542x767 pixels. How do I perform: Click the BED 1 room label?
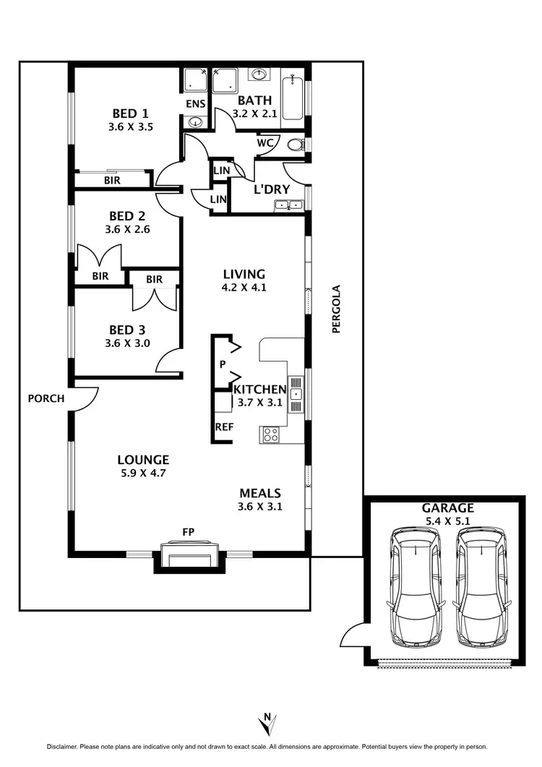[x=130, y=113]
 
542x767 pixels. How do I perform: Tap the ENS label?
[x=196, y=104]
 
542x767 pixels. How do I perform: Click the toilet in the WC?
[x=295, y=145]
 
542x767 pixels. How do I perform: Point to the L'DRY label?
[x=272, y=189]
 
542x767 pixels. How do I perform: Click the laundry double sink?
[x=288, y=205]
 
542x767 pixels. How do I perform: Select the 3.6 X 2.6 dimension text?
[x=127, y=229]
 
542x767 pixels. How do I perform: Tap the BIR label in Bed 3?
[x=154, y=279]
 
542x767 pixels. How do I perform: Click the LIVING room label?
[x=244, y=275]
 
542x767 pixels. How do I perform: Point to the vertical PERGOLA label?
[x=335, y=309]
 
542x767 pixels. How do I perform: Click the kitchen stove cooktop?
[x=271, y=434]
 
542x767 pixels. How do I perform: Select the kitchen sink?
[x=296, y=394]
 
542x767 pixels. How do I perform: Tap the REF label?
[x=225, y=427]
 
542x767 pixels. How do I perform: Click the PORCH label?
[x=46, y=398]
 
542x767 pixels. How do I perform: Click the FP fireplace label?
[x=189, y=532]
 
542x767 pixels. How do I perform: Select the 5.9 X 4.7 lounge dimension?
[x=143, y=473]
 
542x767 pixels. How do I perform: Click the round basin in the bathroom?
[x=258, y=74]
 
